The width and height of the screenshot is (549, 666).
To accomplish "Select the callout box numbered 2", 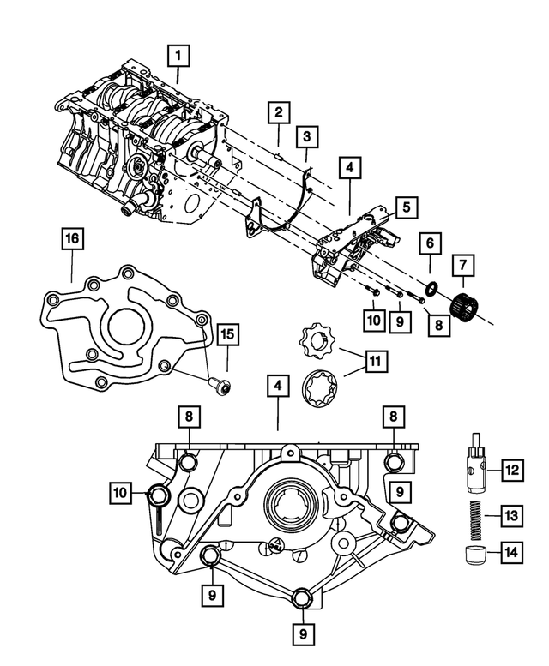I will pyautogui.click(x=278, y=111).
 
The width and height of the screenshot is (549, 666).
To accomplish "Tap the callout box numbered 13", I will pyautogui.click(x=511, y=515).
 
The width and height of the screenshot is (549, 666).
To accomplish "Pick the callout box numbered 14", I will pyautogui.click(x=511, y=553).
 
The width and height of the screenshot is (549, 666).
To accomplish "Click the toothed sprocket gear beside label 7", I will pyautogui.click(x=463, y=304).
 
